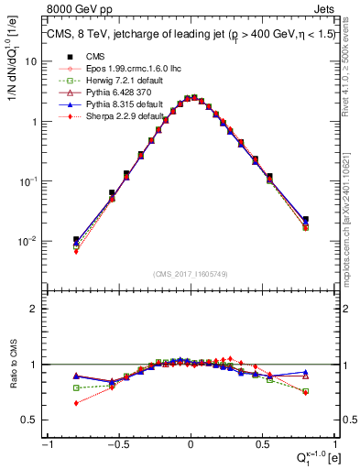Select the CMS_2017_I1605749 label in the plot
point(190,274)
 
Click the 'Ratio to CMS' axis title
point(12,377)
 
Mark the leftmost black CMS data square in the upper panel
point(76,240)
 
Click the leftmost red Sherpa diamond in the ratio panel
point(76,403)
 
